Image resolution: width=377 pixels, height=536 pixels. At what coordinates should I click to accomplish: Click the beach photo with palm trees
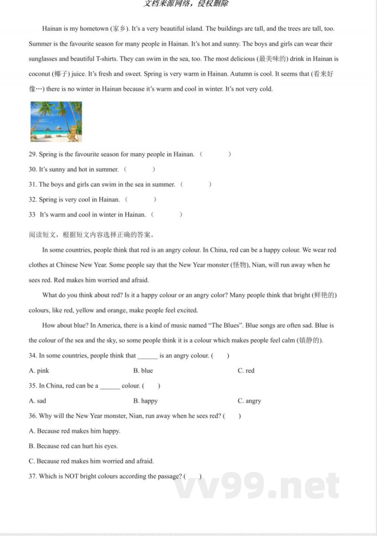[56, 122]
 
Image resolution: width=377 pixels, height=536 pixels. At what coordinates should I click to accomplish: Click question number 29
[33, 154]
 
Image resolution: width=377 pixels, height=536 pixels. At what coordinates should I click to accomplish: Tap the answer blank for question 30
[139, 169]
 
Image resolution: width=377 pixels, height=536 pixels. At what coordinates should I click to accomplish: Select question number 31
[33, 184]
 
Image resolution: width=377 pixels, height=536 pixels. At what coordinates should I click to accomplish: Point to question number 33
[32, 214]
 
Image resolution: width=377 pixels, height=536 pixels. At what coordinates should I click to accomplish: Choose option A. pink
[39, 371]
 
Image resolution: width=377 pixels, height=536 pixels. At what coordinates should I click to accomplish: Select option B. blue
[143, 371]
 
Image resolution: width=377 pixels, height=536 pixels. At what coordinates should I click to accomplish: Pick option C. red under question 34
[246, 371]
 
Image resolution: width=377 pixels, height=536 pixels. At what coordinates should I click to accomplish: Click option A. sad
[38, 401]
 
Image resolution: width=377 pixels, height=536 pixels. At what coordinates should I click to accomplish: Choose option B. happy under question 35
[146, 401]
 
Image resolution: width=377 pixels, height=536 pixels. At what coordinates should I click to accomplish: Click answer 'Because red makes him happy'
[74, 431]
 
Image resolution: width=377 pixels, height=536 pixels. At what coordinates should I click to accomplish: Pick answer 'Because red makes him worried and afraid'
[91, 461]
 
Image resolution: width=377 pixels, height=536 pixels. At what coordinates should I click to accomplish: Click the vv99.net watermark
[257, 486]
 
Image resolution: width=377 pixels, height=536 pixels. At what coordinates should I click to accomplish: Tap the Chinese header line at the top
[186, 4]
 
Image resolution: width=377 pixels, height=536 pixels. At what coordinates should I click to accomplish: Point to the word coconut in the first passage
[39, 74]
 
